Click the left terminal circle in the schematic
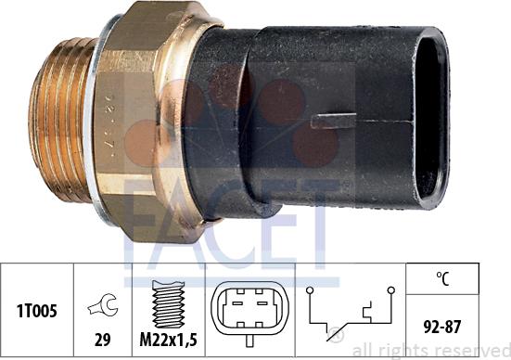[x=312, y=290]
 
